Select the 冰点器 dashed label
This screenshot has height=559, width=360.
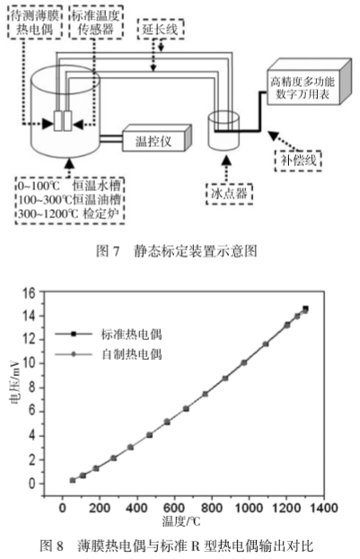pos(229,194)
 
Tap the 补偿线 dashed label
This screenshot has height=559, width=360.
pos(298,161)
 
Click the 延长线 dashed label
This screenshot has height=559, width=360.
pos(161,29)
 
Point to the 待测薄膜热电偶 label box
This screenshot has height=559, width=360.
pos(35,22)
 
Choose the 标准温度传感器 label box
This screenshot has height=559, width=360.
pos(96,22)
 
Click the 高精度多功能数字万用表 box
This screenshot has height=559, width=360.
pos(309,82)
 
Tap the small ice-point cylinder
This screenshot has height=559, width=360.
pos(224,130)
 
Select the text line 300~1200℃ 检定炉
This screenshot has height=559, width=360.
pos(70,214)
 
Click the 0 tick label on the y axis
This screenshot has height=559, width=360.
pos(32,484)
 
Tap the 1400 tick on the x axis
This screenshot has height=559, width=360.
pos(323,507)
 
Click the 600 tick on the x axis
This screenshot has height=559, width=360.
pos(174,507)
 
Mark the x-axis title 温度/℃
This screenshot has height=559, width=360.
pos(180,521)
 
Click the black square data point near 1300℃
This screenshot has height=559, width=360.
pos(305,309)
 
